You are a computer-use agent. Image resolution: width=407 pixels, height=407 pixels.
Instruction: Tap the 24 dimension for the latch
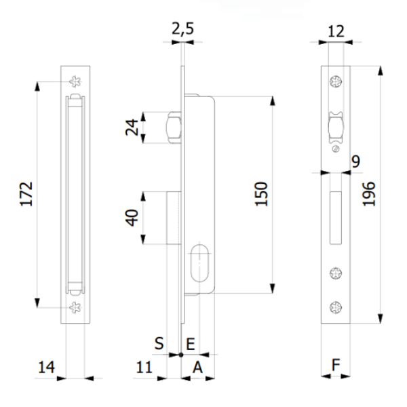pyautogui.click(x=134, y=127)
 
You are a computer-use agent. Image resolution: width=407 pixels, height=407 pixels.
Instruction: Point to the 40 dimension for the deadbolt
pyautogui.click(x=134, y=217)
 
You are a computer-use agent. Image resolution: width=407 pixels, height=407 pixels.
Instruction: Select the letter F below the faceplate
pyautogui.click(x=334, y=365)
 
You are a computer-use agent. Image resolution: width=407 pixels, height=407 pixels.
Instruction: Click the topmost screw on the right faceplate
pyautogui.click(x=334, y=83)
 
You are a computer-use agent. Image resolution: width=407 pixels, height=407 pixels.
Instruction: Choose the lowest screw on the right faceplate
pyautogui.click(x=334, y=307)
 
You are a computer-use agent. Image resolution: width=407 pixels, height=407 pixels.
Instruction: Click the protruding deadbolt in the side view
pyautogui.click(x=172, y=217)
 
